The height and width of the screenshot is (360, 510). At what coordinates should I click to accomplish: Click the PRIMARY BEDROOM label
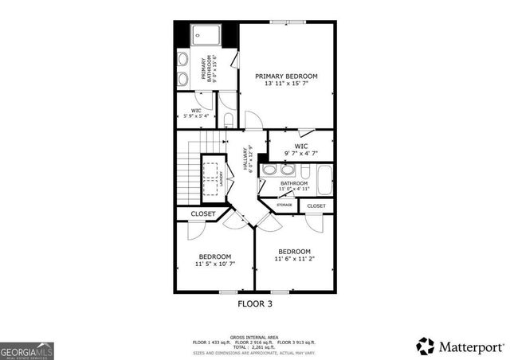click(x=286, y=76)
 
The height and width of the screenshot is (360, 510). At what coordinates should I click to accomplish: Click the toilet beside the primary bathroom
click(x=228, y=119)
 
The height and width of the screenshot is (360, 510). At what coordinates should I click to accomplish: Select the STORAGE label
click(x=284, y=206)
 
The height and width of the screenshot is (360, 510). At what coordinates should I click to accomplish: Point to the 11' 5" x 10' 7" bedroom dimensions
click(x=215, y=264)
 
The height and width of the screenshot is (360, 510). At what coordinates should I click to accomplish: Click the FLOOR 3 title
click(x=255, y=303)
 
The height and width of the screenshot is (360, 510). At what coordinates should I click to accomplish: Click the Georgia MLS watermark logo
click(x=25, y=350)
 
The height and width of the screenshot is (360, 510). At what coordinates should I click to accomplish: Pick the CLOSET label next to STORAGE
click(x=316, y=206)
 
